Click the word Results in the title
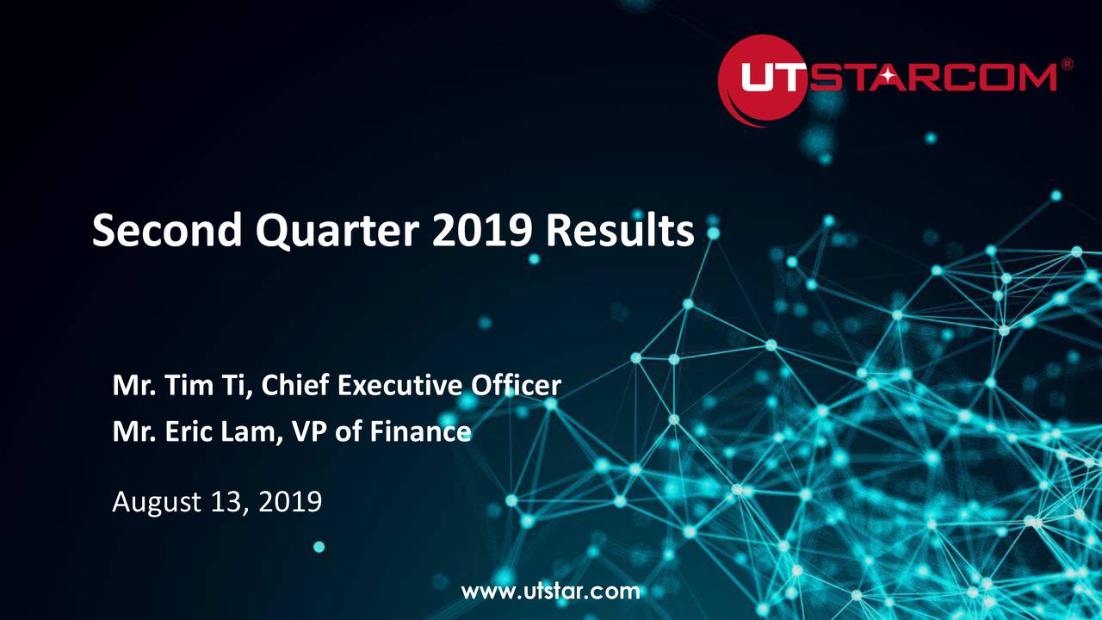pyautogui.click(x=619, y=231)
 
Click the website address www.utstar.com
pyautogui.click(x=551, y=591)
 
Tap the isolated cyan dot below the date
pyautogui.click(x=319, y=547)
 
